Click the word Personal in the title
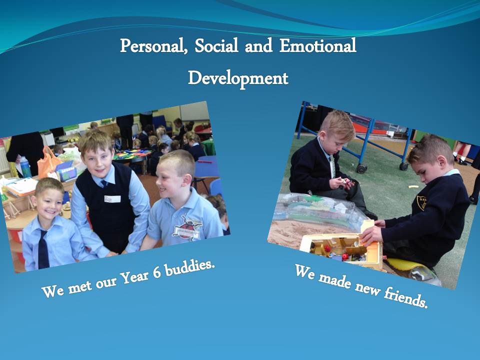pos(153,46)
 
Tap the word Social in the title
pos(216,45)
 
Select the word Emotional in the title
pos(318,45)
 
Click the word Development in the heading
pos(238,78)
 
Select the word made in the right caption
pos(335,280)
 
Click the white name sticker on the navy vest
pos(112,199)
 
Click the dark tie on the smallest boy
pos(43,249)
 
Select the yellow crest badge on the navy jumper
pos(422,202)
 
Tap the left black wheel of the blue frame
pos(361,168)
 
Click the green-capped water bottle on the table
pos(25,167)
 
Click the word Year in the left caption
pos(134,277)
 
